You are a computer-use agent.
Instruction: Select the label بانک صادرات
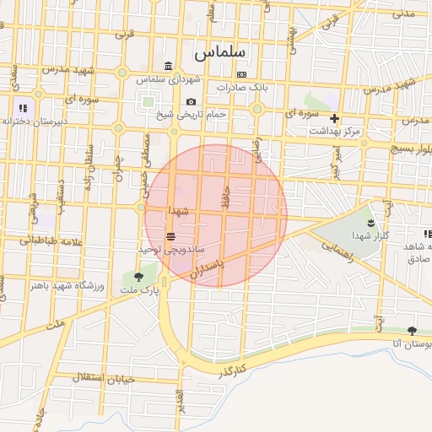click(x=241, y=87)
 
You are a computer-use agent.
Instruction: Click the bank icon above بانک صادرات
click(x=242, y=74)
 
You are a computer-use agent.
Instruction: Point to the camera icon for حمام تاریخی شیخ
click(x=191, y=101)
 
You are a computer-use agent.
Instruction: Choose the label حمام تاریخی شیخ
click(x=197, y=114)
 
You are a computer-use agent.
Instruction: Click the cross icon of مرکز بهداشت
click(x=335, y=119)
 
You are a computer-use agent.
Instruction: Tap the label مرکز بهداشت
click(x=335, y=132)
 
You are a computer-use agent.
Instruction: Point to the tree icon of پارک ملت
click(x=138, y=277)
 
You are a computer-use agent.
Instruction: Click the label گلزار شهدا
click(x=371, y=235)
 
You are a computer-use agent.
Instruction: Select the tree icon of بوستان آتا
click(x=412, y=331)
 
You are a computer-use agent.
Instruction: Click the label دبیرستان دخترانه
click(x=34, y=121)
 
